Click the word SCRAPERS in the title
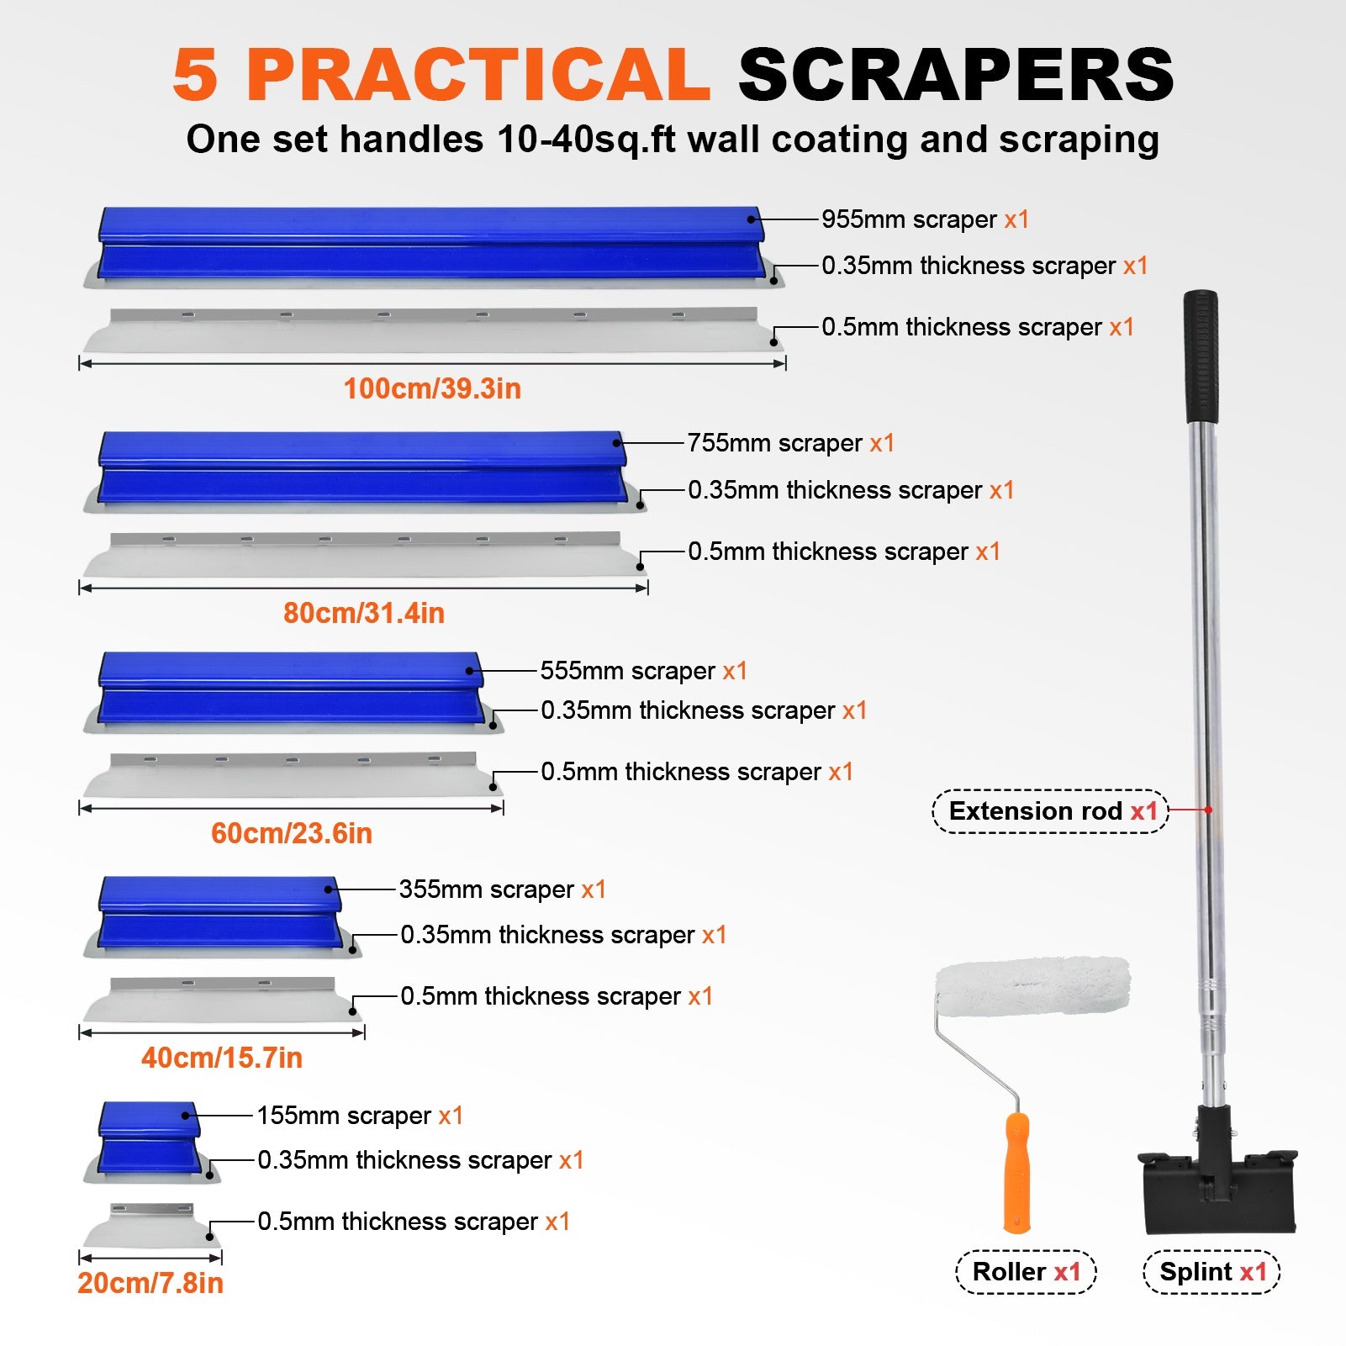point(955,75)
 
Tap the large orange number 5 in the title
point(195,75)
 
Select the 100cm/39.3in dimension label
point(432,388)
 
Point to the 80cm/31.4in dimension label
point(363,613)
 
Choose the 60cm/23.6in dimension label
point(291,833)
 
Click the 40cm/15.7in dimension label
point(221,1058)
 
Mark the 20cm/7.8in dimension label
point(150,1283)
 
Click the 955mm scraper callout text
point(925,219)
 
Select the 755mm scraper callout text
point(790,443)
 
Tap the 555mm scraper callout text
point(643,671)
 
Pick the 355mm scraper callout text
point(502,889)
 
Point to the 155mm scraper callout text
point(360,1116)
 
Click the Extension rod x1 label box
point(1051,811)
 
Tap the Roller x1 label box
point(1027,1272)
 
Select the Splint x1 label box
point(1212,1272)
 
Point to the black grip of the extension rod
point(1201,356)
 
